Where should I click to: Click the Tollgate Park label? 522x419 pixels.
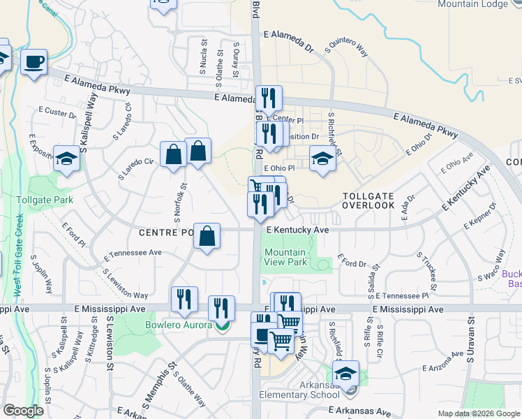[x=45, y=200]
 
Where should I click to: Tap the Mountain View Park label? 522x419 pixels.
[x=285, y=257]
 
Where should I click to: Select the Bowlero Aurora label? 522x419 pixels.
[x=178, y=325]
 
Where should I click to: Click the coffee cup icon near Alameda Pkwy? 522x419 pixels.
[x=33, y=62]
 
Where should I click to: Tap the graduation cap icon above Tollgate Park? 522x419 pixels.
[x=67, y=159]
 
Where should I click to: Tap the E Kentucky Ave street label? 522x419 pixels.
[x=297, y=229]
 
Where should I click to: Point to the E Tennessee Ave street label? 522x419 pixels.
[x=133, y=253]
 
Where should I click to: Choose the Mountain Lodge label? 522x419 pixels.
[x=482, y=4]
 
